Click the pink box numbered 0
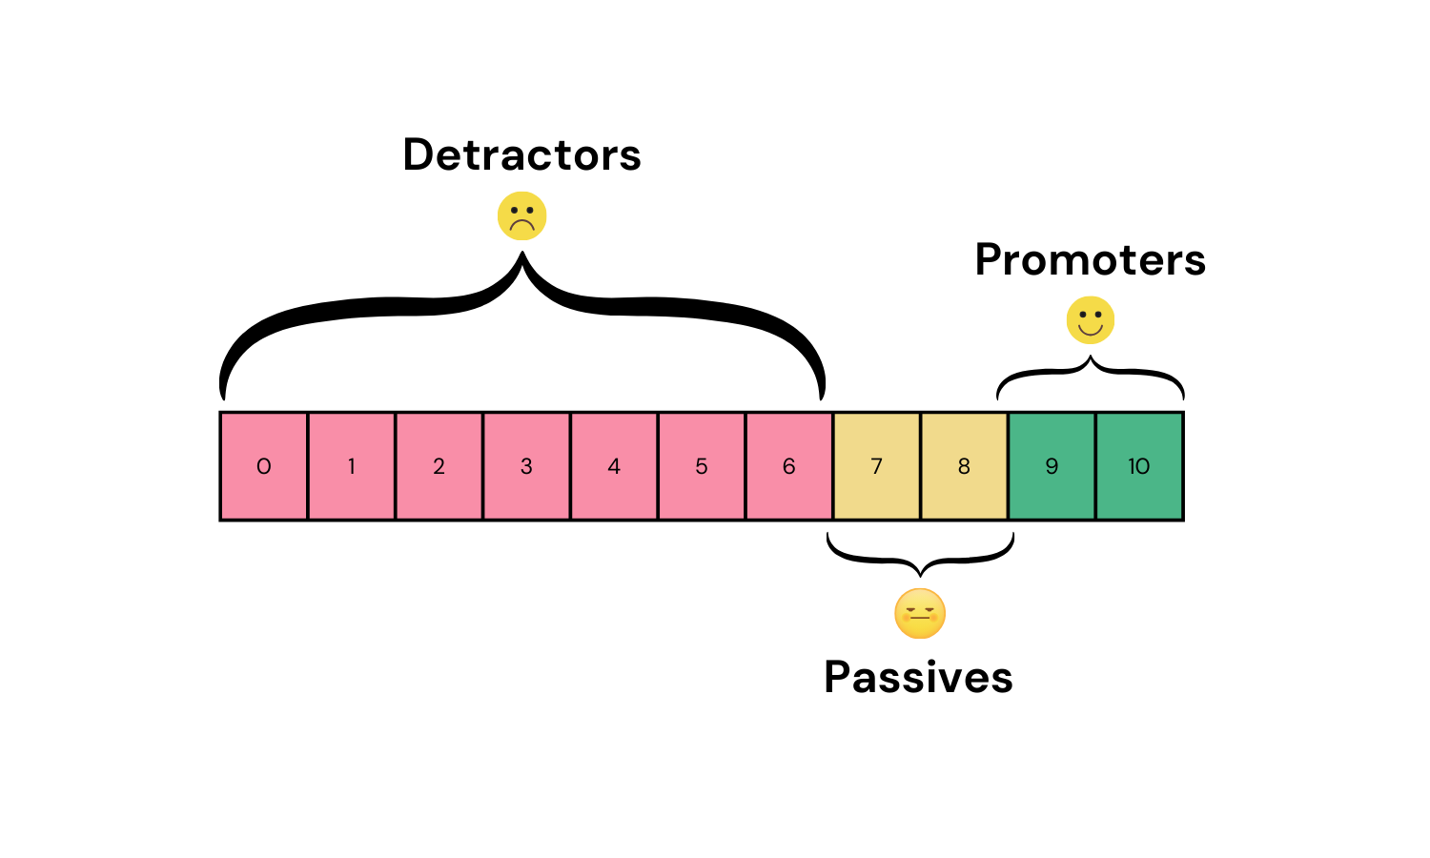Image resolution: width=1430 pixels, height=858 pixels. [264, 466]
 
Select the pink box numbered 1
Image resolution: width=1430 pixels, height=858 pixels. [352, 466]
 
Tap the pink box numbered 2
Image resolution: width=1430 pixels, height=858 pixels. [439, 466]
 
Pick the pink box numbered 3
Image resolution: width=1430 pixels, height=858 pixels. [526, 466]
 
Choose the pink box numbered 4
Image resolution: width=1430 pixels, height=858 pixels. [614, 466]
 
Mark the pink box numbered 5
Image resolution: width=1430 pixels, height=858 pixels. [702, 466]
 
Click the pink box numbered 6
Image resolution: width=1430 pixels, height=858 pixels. [789, 466]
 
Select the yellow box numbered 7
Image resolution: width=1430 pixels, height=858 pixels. [877, 466]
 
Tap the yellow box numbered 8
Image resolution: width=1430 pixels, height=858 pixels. [964, 466]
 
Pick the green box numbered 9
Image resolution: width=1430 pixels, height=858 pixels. [1052, 466]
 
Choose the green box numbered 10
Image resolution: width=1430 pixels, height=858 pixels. [1139, 466]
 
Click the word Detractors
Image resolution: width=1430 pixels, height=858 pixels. [521, 155]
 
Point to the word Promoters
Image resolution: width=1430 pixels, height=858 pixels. [1090, 260]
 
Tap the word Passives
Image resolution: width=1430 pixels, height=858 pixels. [918, 678]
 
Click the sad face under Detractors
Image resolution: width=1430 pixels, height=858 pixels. [521, 216]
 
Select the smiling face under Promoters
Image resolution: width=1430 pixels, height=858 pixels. [1090, 320]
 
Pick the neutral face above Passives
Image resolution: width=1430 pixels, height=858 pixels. [920, 614]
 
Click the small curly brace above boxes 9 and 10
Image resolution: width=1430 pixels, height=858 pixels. [1091, 372]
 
